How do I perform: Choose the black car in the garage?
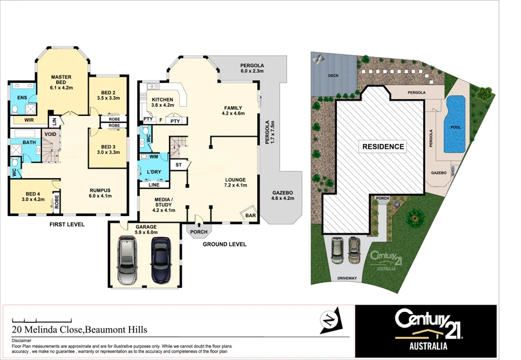tap(161, 260)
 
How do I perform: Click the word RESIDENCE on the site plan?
tap(383, 146)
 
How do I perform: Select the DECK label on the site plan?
tap(334, 76)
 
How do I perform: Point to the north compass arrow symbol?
tap(328, 319)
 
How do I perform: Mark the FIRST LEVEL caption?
tap(67, 224)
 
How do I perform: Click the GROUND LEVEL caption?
tap(224, 245)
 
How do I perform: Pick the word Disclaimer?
tap(23, 340)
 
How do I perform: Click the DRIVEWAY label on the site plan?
tap(347, 278)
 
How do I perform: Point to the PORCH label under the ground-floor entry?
tap(198, 232)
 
